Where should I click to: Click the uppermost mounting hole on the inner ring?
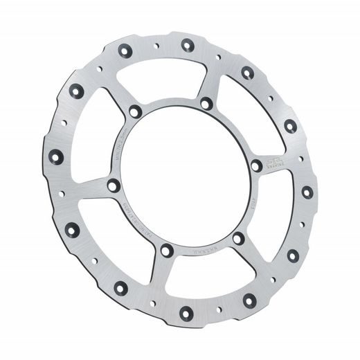pos(205,104)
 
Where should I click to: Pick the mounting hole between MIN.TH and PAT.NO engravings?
pos(113,185)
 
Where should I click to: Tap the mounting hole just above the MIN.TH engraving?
pos(134,111)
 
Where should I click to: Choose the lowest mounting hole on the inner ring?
pos(166,250)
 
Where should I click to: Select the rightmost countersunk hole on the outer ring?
pos(305,190)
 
